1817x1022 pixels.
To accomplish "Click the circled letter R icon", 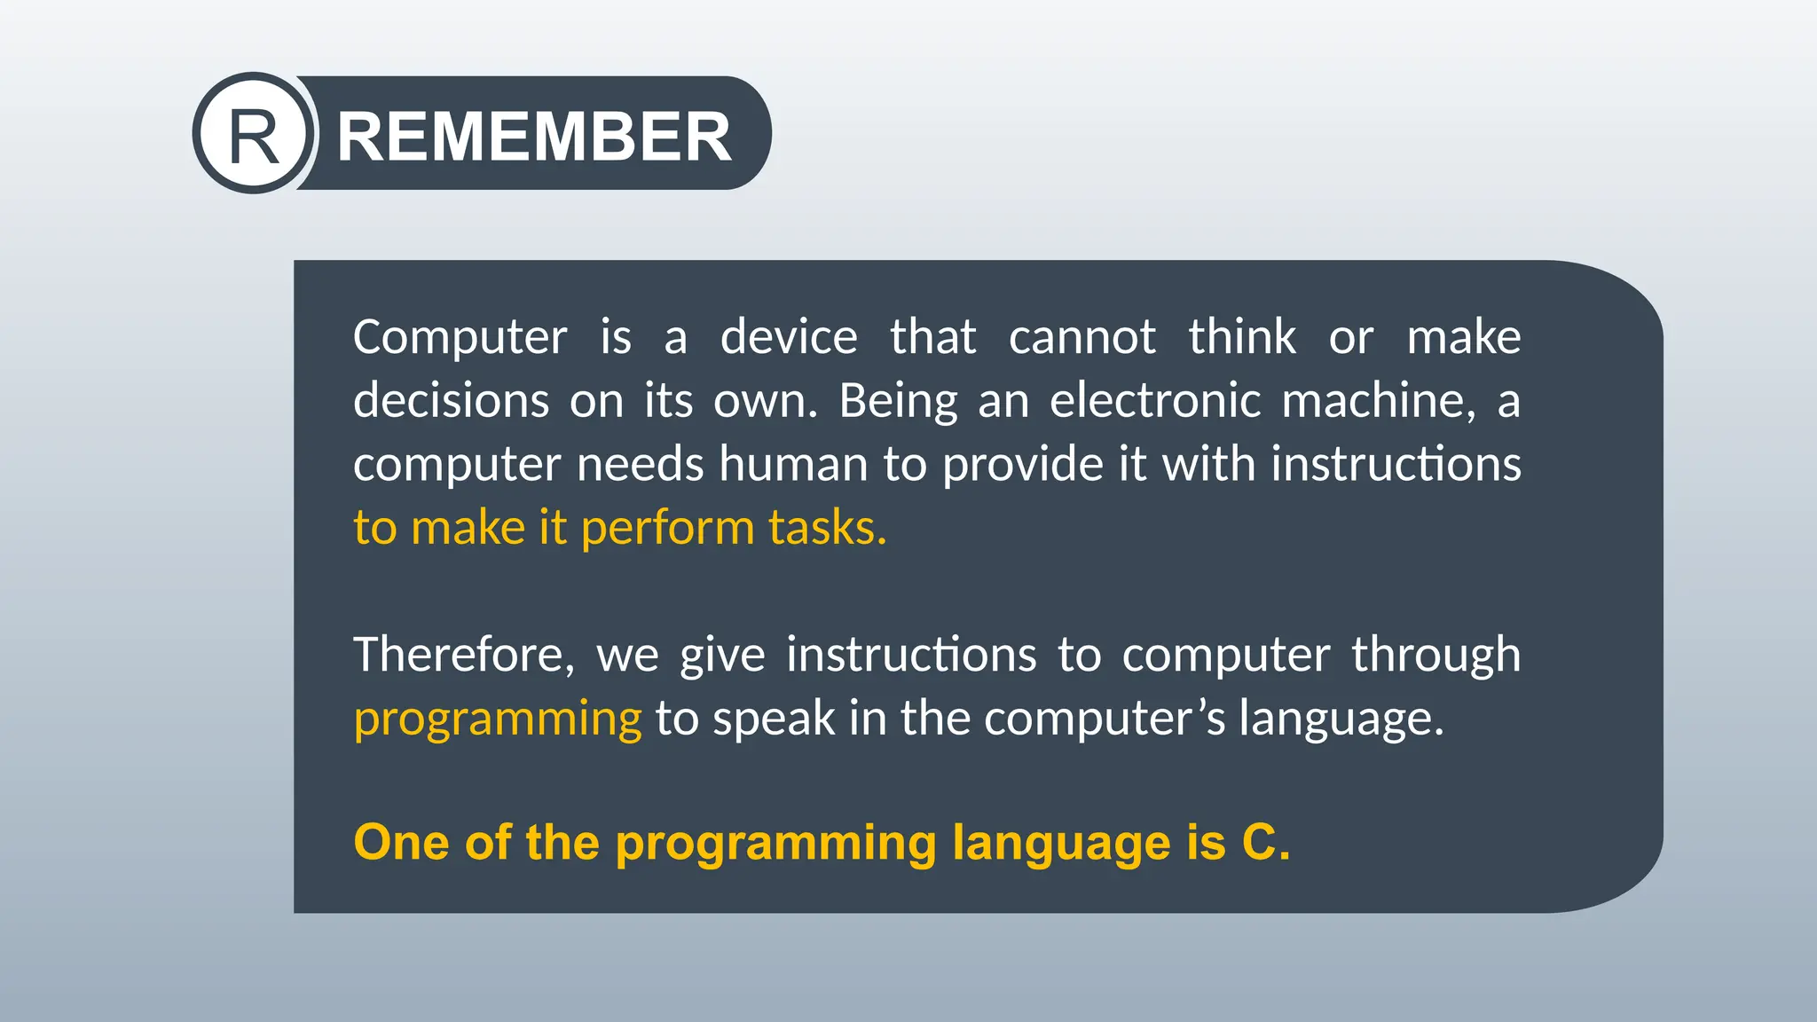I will [x=254, y=134].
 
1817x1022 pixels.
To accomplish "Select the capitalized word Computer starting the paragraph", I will [x=460, y=338].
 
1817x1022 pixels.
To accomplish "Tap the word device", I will [x=789, y=338].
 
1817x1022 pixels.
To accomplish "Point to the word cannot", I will [x=1082, y=338].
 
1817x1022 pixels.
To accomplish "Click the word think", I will [x=1242, y=338].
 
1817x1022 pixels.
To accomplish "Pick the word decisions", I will [x=451, y=401].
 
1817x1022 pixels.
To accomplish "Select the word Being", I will [x=898, y=401].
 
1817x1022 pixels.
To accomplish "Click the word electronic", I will [x=1154, y=401].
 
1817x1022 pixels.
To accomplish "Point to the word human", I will [x=793, y=465].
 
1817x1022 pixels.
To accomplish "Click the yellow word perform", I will [x=667, y=529].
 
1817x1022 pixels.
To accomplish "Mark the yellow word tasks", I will [x=827, y=529].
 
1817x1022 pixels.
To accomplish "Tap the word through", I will [x=1436, y=656].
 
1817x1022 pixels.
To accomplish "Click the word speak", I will [x=774, y=719].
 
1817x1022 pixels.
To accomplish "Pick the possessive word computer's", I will [x=1105, y=719].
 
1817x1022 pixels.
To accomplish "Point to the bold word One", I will [x=401, y=842].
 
